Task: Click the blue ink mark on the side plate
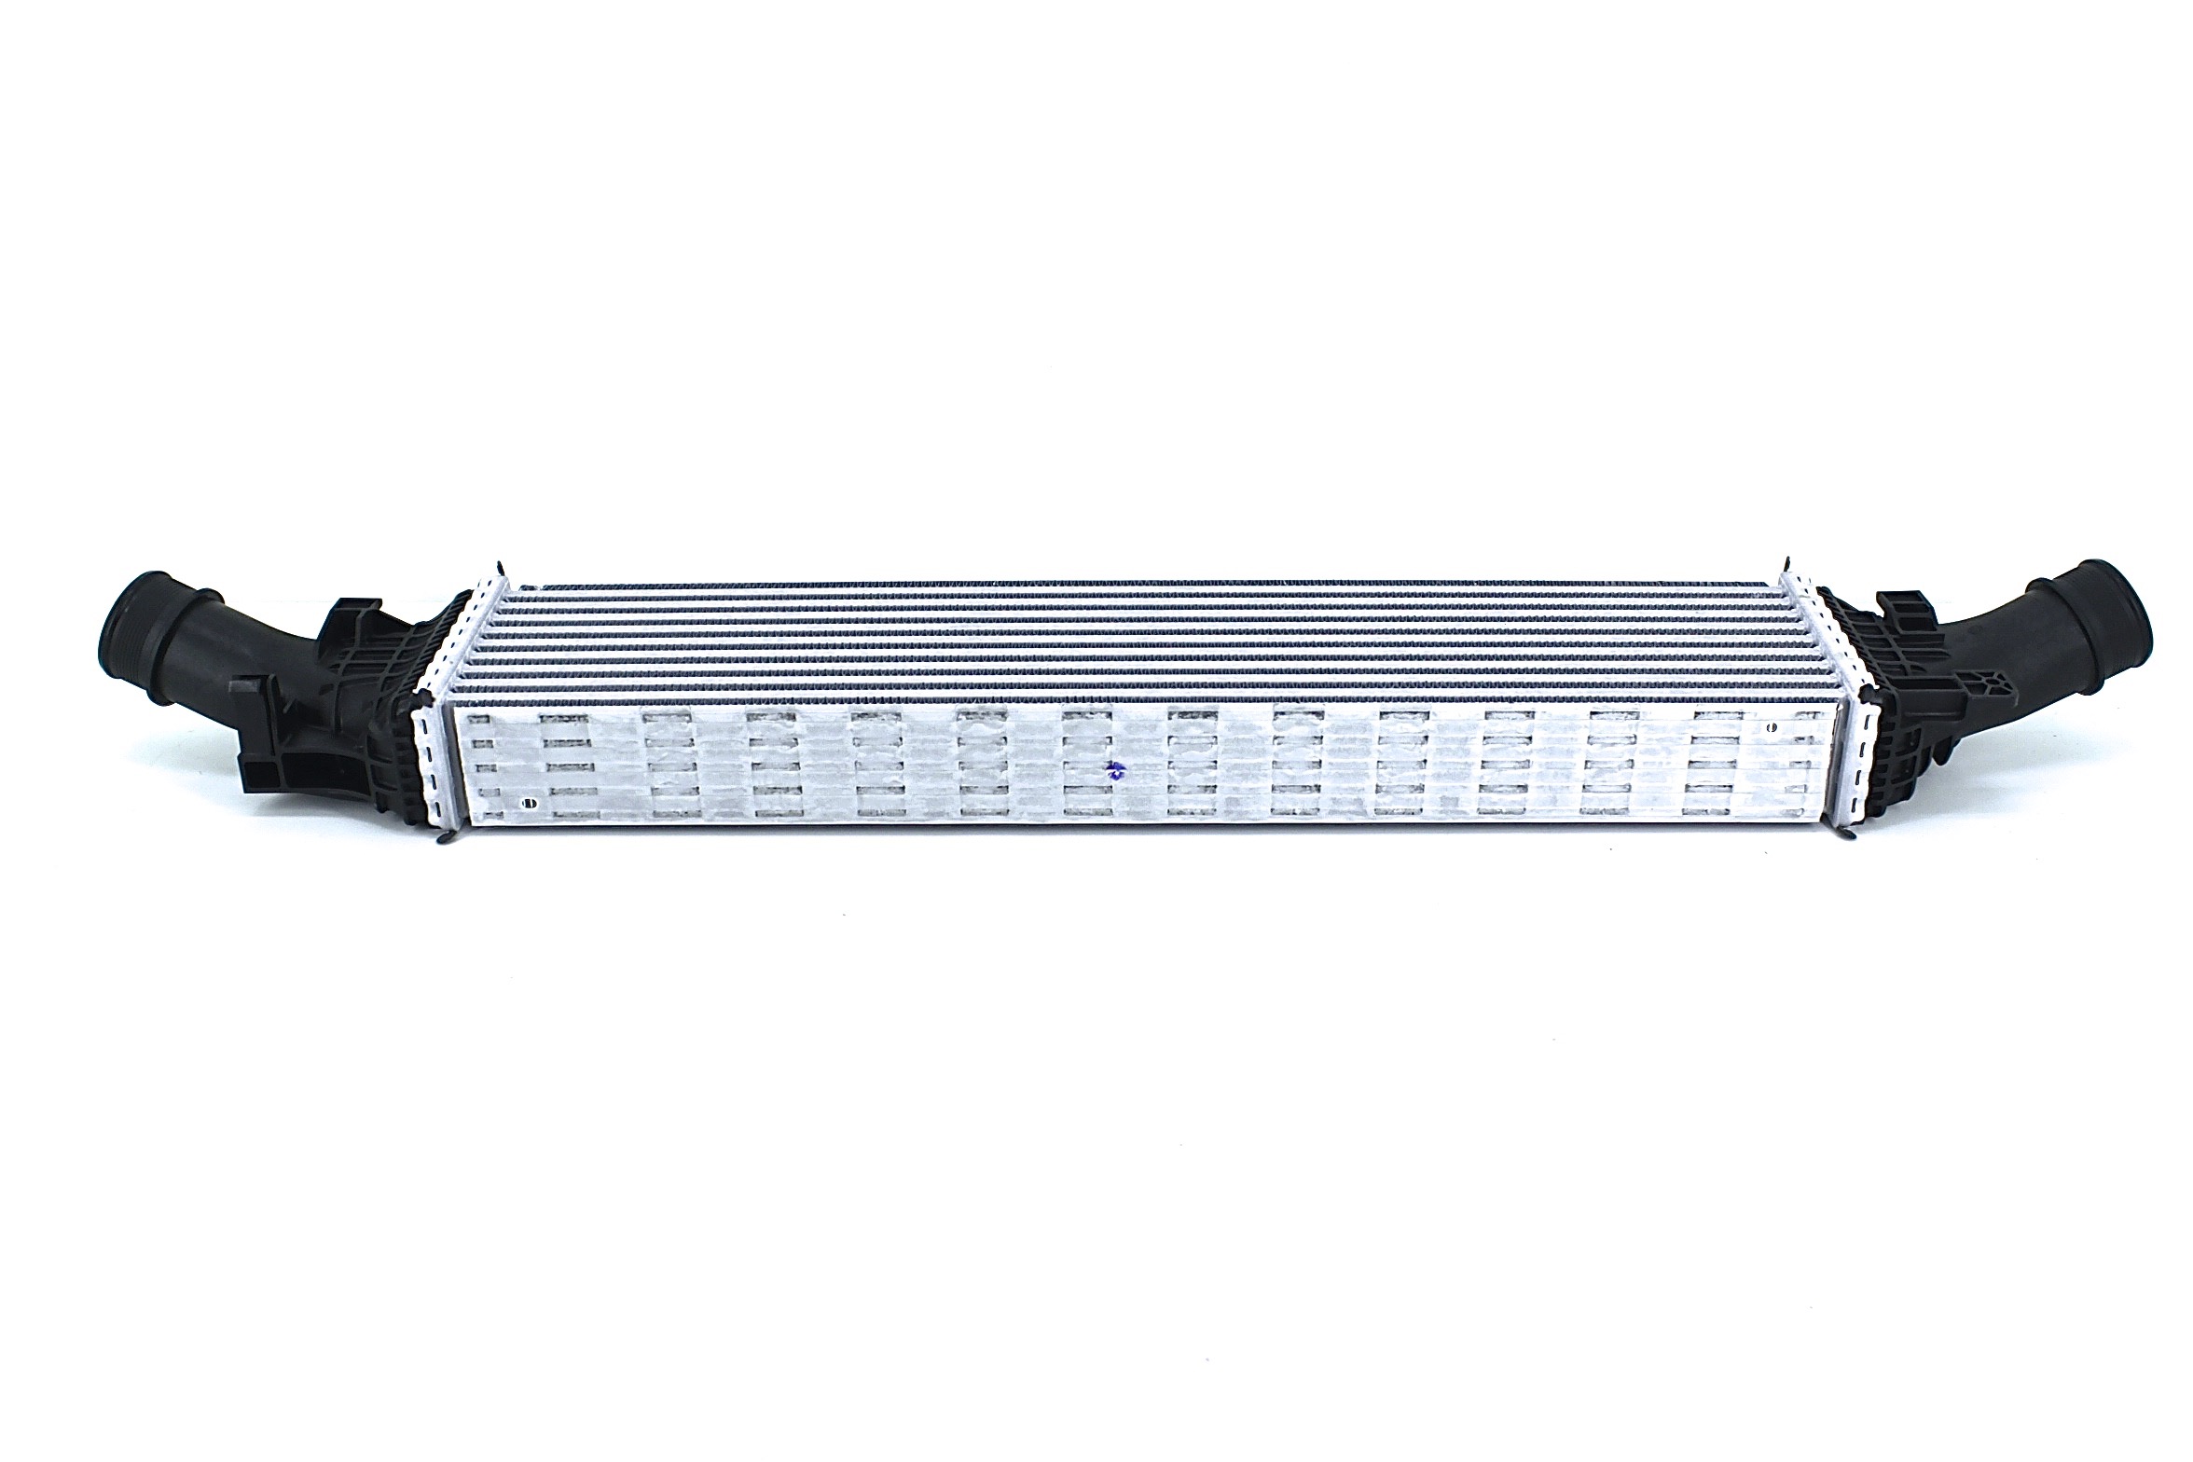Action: coord(1110,770)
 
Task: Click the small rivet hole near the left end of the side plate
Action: coord(531,801)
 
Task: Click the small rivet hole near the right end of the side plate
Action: coord(1771,726)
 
